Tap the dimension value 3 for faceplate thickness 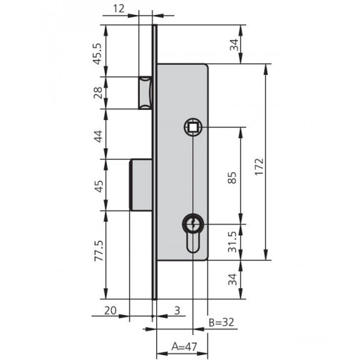tap(177, 312)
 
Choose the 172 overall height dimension tap(258, 163)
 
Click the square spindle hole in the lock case tap(192, 128)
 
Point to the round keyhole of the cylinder tap(192, 225)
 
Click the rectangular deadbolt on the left tap(142, 185)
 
